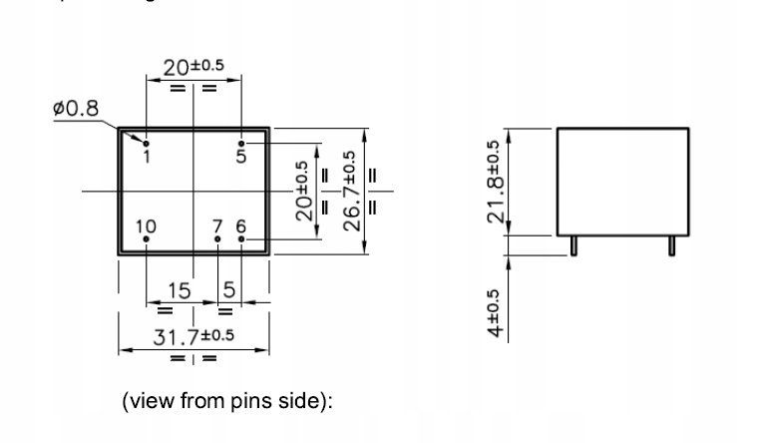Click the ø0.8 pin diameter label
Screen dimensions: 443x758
pos(77,108)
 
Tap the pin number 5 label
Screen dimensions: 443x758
pos(240,156)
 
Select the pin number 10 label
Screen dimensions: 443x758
pos(146,226)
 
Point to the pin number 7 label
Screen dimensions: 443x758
pos(218,226)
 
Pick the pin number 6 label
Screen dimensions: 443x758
pos(240,226)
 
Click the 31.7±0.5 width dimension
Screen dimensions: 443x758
pos(192,336)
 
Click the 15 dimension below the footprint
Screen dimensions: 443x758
pos(180,290)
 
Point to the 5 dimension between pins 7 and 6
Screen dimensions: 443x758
pos(230,290)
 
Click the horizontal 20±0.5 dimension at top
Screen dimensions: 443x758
pos(193,67)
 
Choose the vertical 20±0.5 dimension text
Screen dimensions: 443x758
pos(303,189)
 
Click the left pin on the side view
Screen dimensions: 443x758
pos(575,244)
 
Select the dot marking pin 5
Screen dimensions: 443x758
pos(240,143)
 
